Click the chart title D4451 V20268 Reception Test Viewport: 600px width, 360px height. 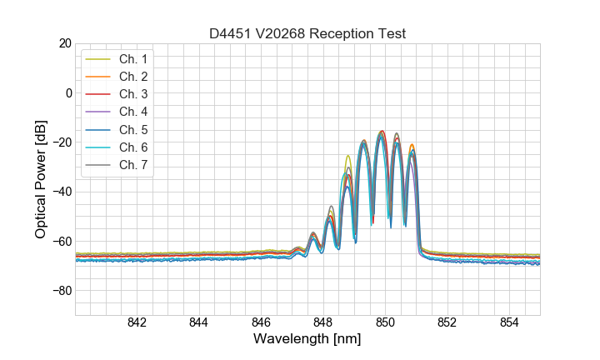[307, 34]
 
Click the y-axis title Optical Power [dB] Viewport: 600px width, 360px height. [41, 178]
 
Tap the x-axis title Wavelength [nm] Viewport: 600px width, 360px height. [307, 340]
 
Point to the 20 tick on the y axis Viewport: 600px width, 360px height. [63, 43]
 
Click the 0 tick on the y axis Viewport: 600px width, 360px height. [67, 92]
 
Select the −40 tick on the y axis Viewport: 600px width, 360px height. [60, 192]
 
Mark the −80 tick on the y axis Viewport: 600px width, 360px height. [60, 291]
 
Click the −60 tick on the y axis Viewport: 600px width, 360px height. [60, 242]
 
